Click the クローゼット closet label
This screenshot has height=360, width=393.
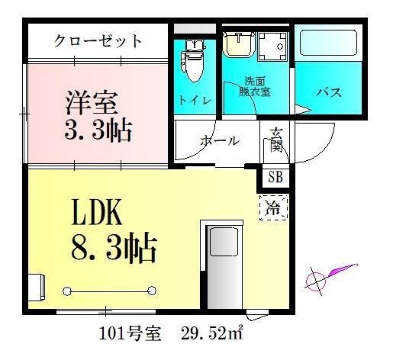tap(98, 41)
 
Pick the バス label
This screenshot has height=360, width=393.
tap(328, 93)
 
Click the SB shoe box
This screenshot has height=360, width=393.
tap(275, 178)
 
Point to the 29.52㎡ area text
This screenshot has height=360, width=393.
tap(214, 333)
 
